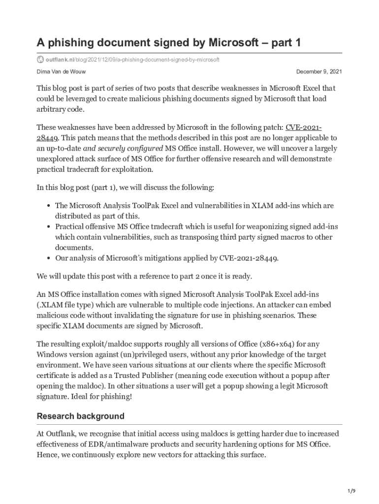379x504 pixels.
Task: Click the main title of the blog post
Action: point(168,43)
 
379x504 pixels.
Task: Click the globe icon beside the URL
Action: point(40,60)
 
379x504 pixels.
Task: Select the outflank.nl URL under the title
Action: point(132,60)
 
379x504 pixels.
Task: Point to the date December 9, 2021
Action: point(319,72)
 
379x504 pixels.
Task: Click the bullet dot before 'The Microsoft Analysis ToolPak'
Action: point(49,206)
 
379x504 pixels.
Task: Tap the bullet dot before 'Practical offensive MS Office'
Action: point(49,227)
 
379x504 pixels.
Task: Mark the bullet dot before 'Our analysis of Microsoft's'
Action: point(49,258)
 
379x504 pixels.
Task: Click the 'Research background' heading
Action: point(81,416)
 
